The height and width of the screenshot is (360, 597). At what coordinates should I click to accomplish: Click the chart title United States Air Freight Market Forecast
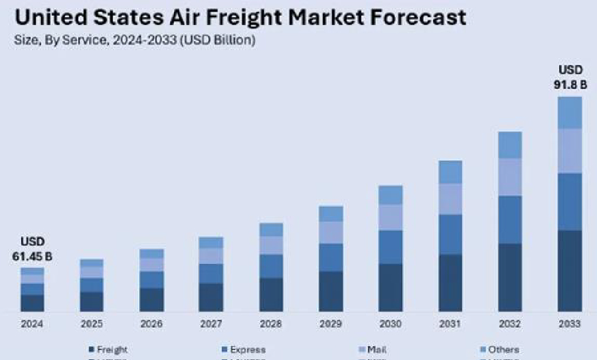(x=240, y=17)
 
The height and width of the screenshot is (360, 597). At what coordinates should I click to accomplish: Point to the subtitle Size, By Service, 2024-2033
(x=135, y=40)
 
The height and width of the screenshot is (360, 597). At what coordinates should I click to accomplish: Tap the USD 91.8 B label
(x=570, y=77)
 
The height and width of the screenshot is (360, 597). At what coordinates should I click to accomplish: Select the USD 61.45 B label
(x=32, y=249)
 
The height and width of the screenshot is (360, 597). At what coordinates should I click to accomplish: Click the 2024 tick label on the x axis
(x=32, y=324)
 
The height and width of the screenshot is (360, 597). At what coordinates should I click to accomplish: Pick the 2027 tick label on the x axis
(x=210, y=324)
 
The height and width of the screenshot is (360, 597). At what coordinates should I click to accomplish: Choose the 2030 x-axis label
(x=390, y=324)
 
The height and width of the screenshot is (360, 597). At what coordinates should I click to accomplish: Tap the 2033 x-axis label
(x=570, y=324)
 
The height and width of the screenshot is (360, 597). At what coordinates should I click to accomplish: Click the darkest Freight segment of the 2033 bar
(x=570, y=270)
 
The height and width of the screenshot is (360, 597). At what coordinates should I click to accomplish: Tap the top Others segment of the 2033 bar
(x=570, y=112)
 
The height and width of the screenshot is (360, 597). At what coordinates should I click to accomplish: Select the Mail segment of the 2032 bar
(x=510, y=177)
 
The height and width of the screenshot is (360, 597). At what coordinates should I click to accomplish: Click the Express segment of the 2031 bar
(x=450, y=234)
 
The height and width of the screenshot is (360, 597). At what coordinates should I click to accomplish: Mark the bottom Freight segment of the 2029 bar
(x=331, y=291)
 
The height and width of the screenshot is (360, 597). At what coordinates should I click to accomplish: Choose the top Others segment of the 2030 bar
(x=390, y=195)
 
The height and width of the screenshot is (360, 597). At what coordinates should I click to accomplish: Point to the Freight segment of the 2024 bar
(x=32, y=303)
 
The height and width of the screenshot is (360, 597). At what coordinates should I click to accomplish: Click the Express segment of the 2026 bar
(x=152, y=280)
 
